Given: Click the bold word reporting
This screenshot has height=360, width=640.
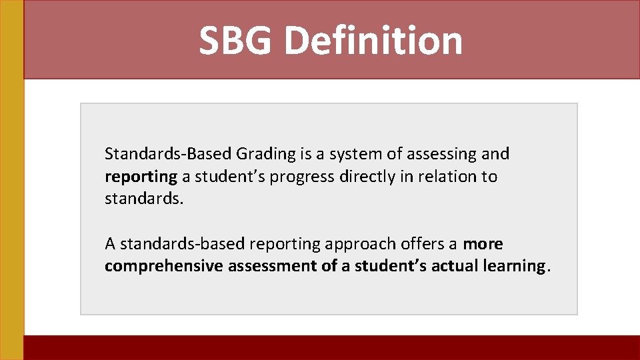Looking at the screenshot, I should pyautogui.click(x=141, y=177).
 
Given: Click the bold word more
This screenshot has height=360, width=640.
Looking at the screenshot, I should pyautogui.click(x=483, y=244).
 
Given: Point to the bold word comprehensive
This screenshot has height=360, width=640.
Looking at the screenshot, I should pyautogui.click(x=164, y=266).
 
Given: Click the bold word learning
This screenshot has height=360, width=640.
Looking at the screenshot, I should pyautogui.click(x=514, y=266).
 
